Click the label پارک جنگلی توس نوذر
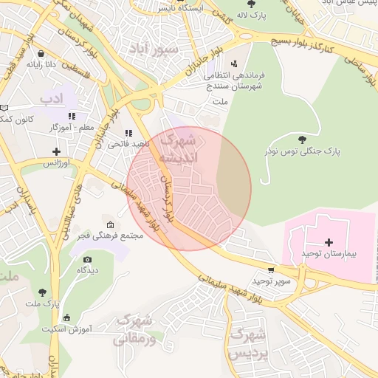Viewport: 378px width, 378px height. (303, 151)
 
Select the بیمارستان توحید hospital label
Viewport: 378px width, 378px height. (329, 253)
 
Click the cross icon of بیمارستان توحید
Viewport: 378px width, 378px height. (329, 242)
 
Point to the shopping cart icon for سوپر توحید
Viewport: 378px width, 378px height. (271, 270)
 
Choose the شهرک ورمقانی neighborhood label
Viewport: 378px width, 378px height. (134, 330)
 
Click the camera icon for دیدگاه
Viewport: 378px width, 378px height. (88, 259)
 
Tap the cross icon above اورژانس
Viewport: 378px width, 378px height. (57, 151)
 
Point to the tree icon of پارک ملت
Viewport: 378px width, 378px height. (42, 292)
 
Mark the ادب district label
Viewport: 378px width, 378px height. (52, 97)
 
